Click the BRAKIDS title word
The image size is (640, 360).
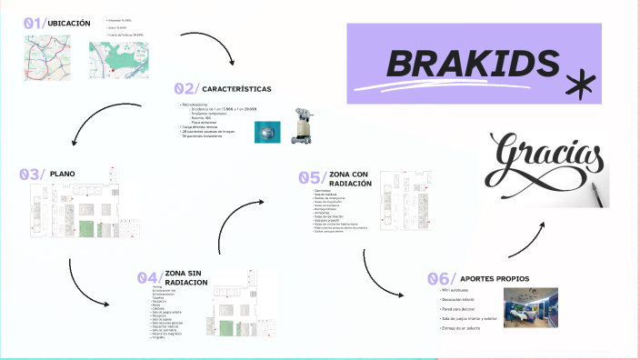pos(472,63)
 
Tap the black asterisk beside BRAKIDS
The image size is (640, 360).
pos(577,85)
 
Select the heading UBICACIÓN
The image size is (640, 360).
pos(68,23)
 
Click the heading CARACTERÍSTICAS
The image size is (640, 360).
pos(236,89)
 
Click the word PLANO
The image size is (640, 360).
pos(63,173)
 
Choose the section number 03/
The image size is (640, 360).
pos(32,174)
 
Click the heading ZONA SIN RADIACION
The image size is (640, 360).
pos(186,278)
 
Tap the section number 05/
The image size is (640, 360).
pos(312,177)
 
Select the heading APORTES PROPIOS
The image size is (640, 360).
pos(495,278)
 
